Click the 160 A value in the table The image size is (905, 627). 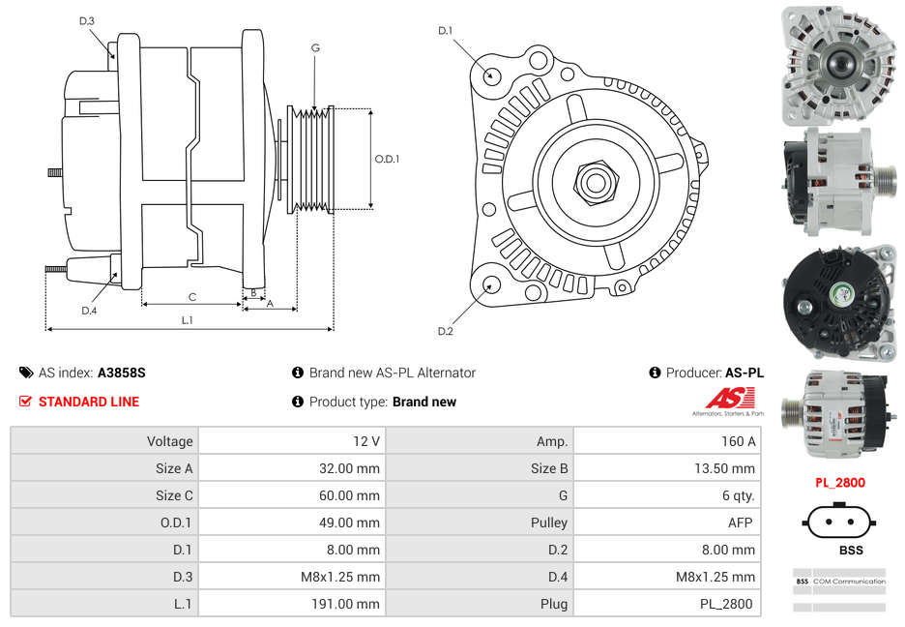coord(738,441)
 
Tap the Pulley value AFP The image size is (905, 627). coord(742,522)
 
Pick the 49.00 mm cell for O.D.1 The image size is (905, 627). coord(353,522)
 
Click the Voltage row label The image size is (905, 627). coord(169,441)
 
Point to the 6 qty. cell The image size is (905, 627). coord(737,495)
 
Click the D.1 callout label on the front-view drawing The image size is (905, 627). coord(445,31)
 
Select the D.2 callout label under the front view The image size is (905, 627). coord(445,331)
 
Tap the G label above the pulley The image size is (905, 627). coord(315,47)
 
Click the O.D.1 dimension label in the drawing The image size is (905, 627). coord(387,159)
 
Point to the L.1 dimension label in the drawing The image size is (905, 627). coord(187,320)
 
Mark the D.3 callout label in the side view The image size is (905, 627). coord(87,20)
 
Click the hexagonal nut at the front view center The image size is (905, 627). coord(595,181)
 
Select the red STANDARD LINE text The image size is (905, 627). coord(89,402)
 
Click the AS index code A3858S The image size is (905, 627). coord(121,373)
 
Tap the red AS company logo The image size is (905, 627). coord(728,399)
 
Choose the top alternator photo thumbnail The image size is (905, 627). coord(838,66)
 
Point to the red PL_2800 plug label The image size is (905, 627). coord(839,482)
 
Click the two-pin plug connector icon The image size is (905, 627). coord(838,522)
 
